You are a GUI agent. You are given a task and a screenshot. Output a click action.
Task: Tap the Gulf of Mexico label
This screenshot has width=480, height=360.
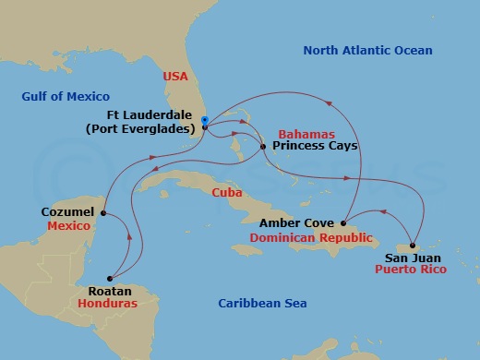coord(66,96)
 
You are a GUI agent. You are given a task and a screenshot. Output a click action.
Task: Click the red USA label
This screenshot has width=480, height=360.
coord(175,77)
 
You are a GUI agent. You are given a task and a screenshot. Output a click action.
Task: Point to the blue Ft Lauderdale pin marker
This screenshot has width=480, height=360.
coord(203,119)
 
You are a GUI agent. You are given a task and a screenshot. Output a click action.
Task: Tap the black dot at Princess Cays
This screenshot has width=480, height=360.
coord(263,146)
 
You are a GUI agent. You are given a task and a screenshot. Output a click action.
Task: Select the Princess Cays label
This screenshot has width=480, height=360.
coord(308,146)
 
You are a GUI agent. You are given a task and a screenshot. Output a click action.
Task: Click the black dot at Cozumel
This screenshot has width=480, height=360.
coord(103,213)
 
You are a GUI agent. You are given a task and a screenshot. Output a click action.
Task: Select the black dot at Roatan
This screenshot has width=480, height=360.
coord(110,277)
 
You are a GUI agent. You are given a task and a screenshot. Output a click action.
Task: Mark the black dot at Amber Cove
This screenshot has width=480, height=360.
coord(344,222)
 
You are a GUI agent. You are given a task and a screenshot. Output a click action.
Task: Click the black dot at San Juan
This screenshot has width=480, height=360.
coord(413,246)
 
